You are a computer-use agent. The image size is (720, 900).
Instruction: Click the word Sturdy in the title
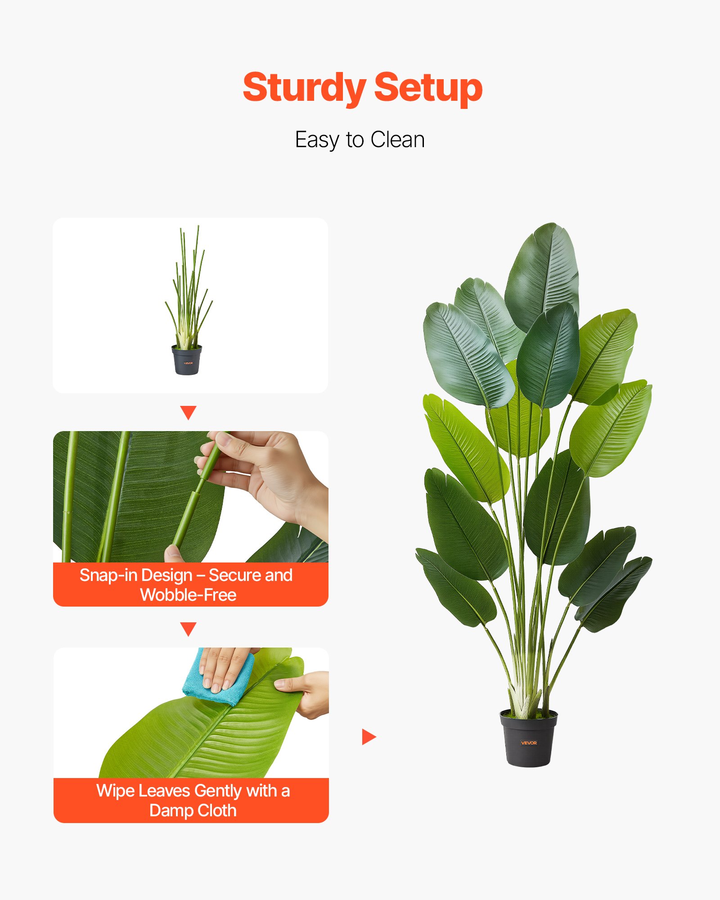coord(304,88)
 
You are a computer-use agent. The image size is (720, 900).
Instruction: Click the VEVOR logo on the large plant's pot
coord(529,743)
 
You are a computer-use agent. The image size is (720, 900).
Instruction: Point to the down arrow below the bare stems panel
coord(188,412)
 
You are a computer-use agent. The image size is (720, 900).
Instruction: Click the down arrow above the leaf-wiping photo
coord(188,629)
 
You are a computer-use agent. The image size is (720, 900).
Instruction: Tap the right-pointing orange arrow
coord(369,737)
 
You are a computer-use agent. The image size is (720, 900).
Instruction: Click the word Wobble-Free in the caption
coord(188,595)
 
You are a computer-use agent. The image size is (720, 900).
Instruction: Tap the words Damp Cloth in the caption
coord(193,810)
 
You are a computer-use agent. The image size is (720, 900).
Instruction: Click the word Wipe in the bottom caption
coord(115,791)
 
